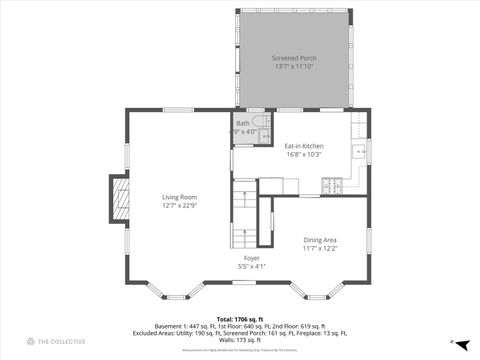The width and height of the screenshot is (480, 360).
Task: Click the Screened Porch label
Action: (x=295, y=58)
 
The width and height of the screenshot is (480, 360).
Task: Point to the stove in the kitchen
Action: (x=334, y=186)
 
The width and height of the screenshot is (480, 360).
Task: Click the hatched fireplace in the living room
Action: (x=120, y=200)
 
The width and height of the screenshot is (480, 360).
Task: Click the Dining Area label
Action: (x=320, y=238)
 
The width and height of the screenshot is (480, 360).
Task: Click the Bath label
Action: (x=243, y=123)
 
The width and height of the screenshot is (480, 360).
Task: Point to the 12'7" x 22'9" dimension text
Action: (x=180, y=206)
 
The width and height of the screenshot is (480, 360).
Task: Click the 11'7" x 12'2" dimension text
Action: (x=320, y=247)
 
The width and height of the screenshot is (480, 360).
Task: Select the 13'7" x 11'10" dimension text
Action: (x=295, y=67)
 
